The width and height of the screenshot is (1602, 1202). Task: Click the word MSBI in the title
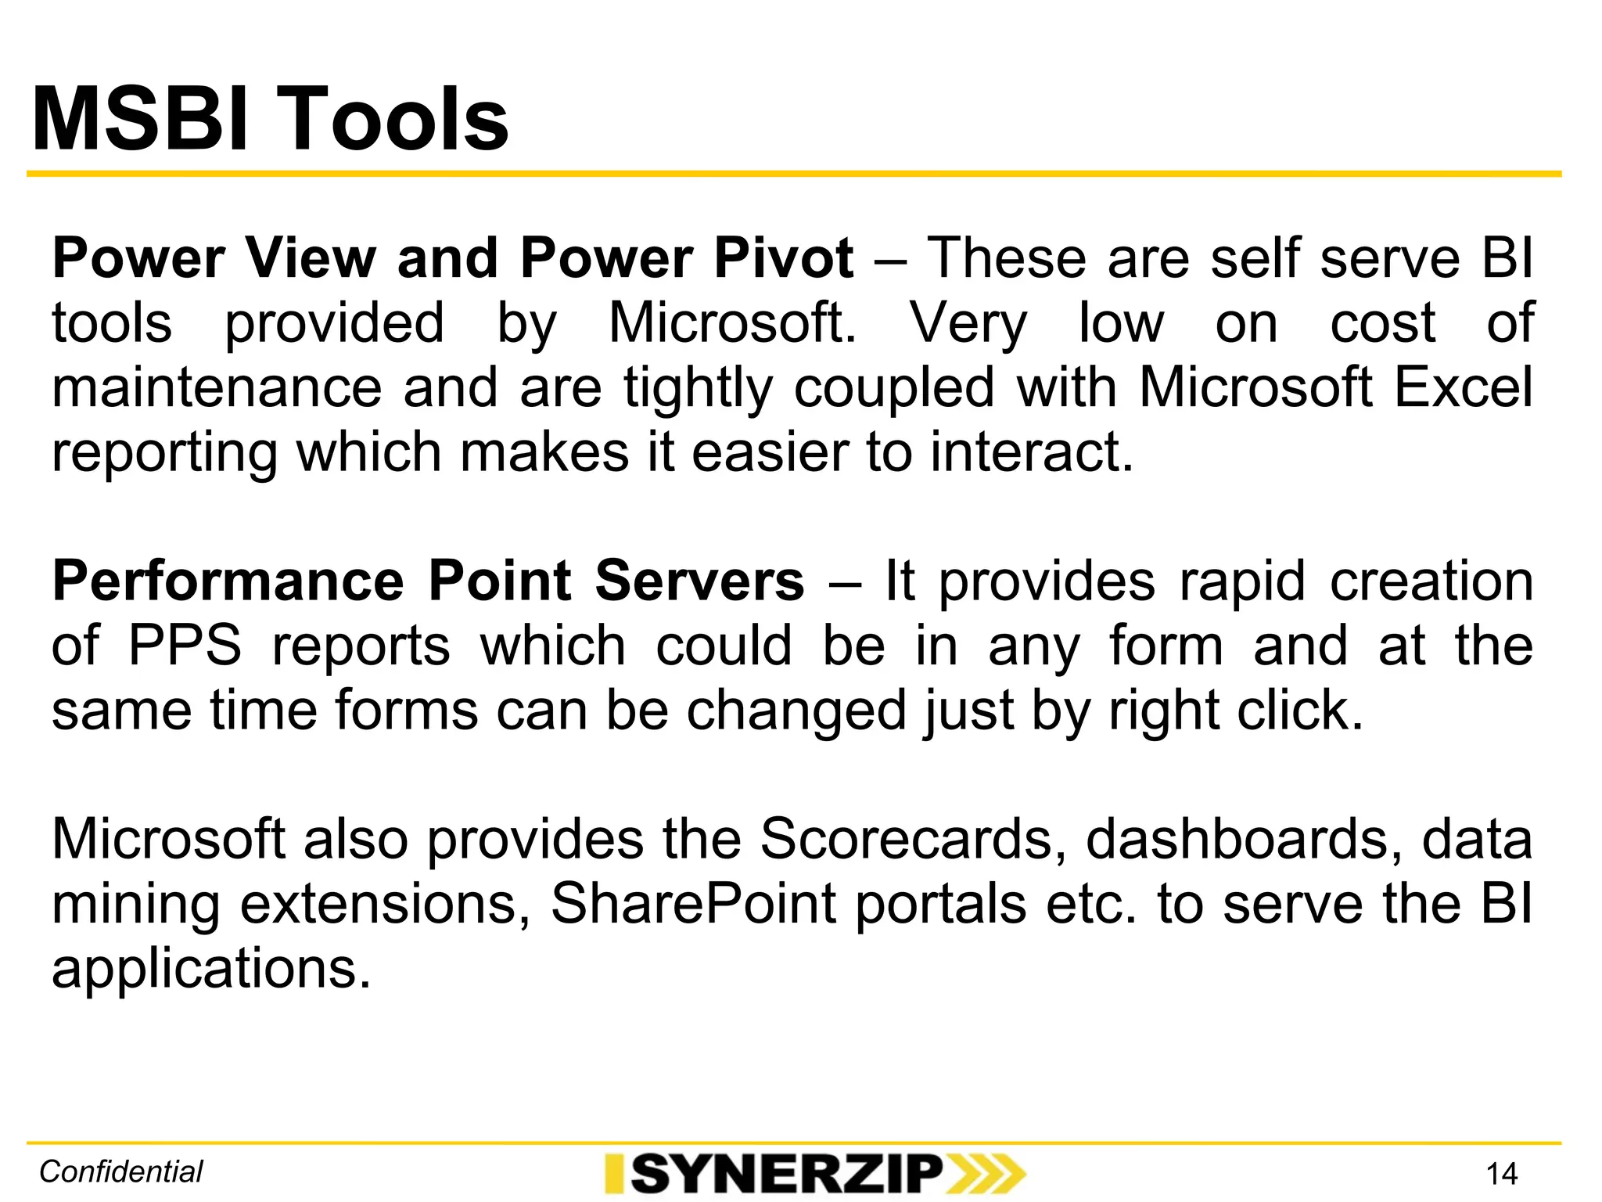coord(141,119)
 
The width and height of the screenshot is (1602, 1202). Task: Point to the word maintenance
coord(216,387)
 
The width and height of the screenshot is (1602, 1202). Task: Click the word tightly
coord(699,388)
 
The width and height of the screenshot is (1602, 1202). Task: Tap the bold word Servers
coord(699,581)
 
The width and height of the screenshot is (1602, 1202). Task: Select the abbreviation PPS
coord(185,646)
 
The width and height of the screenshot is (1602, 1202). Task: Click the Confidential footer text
coord(121,1171)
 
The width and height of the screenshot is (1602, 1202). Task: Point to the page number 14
coord(1501,1174)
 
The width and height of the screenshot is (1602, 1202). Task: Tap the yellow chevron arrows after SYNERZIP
coord(986,1174)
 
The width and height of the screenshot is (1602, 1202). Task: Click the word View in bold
coord(311,257)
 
